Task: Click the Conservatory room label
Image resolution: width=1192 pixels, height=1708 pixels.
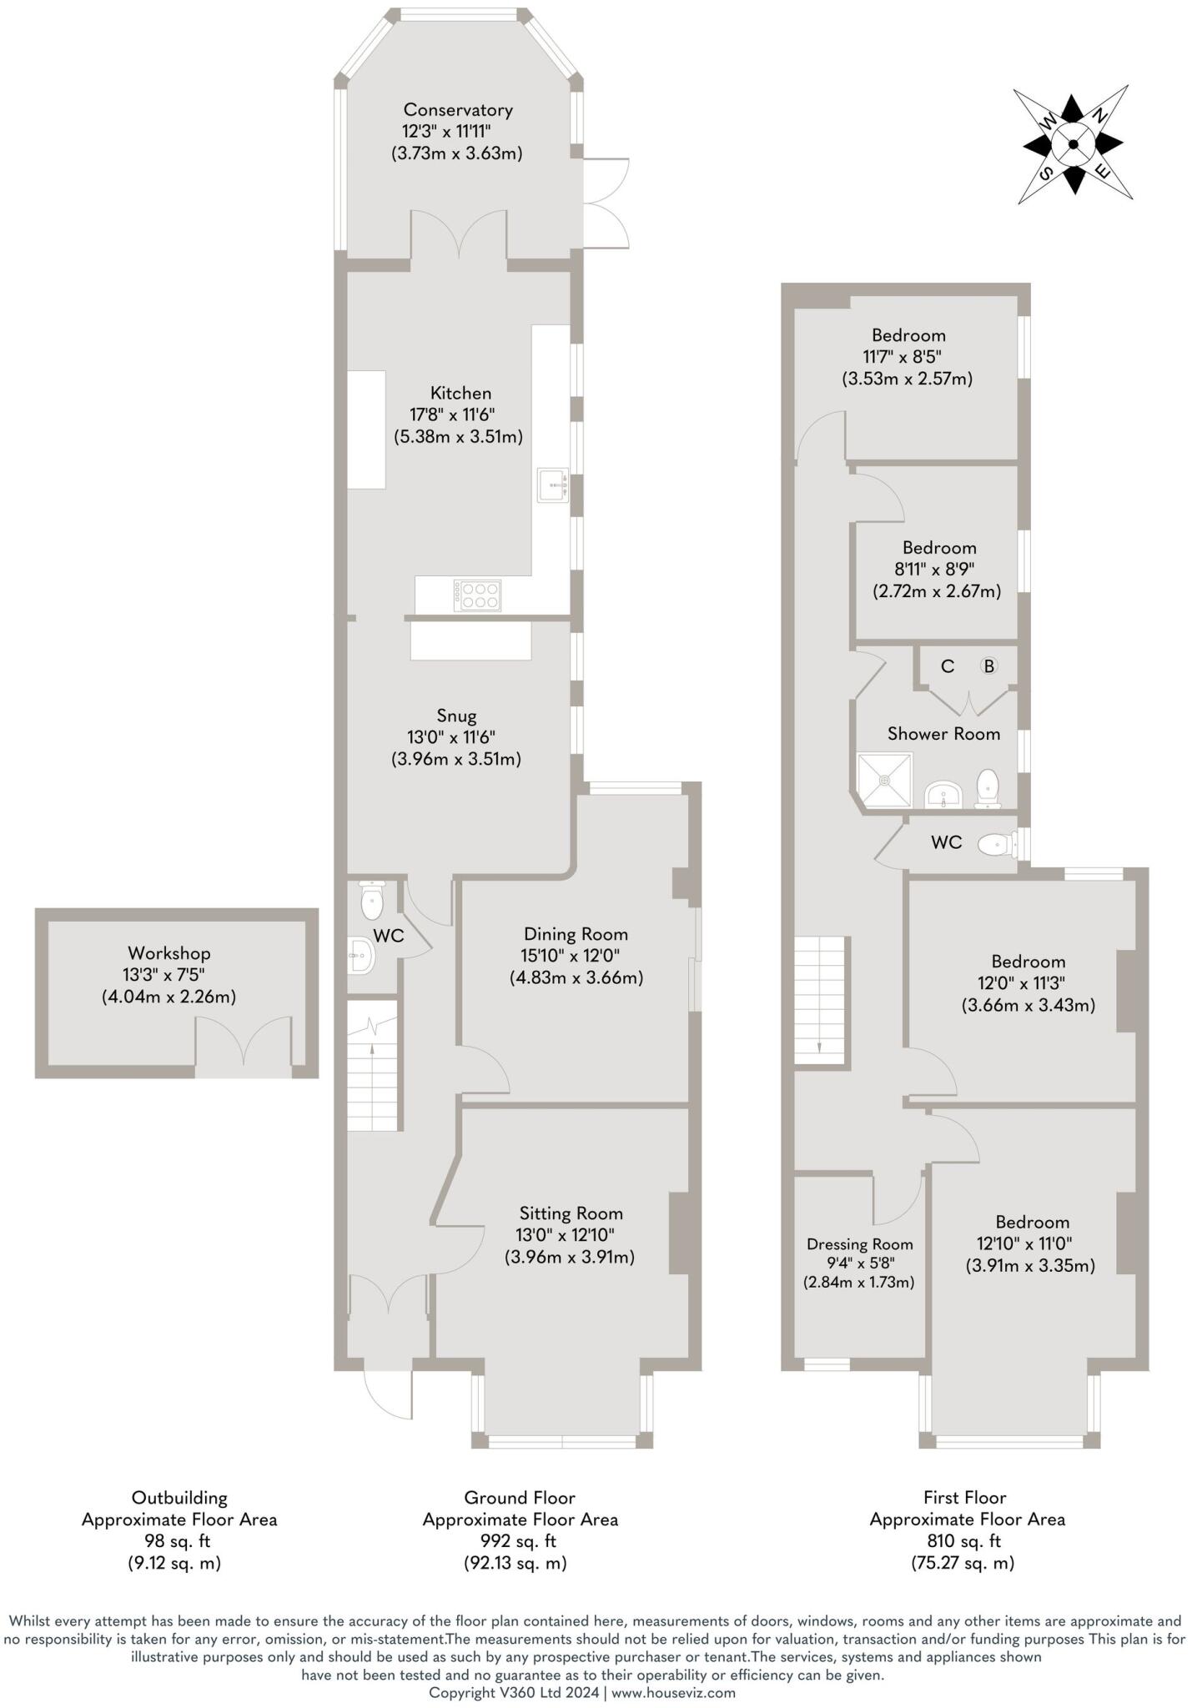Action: (457, 109)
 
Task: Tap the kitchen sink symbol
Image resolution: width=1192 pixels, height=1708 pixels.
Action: (552, 485)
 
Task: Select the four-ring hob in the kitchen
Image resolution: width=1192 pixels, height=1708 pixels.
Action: (478, 595)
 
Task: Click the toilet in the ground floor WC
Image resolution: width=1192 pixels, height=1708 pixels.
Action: (371, 900)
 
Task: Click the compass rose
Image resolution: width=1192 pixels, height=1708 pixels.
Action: (1074, 144)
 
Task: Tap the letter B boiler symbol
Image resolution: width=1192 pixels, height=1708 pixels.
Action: (988, 666)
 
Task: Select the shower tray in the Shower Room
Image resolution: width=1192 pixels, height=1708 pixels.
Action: (885, 780)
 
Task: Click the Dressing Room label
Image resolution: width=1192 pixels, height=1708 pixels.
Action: (859, 1244)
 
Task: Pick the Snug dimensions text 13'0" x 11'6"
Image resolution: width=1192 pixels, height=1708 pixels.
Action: (456, 737)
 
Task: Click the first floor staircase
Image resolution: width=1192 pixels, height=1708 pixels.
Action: (821, 1001)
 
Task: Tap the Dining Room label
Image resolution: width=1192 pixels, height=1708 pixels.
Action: (576, 934)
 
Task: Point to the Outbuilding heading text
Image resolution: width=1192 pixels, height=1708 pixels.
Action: (179, 1498)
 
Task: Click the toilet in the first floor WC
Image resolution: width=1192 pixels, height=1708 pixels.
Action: (996, 845)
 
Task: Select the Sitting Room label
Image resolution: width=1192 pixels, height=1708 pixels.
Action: (571, 1213)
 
